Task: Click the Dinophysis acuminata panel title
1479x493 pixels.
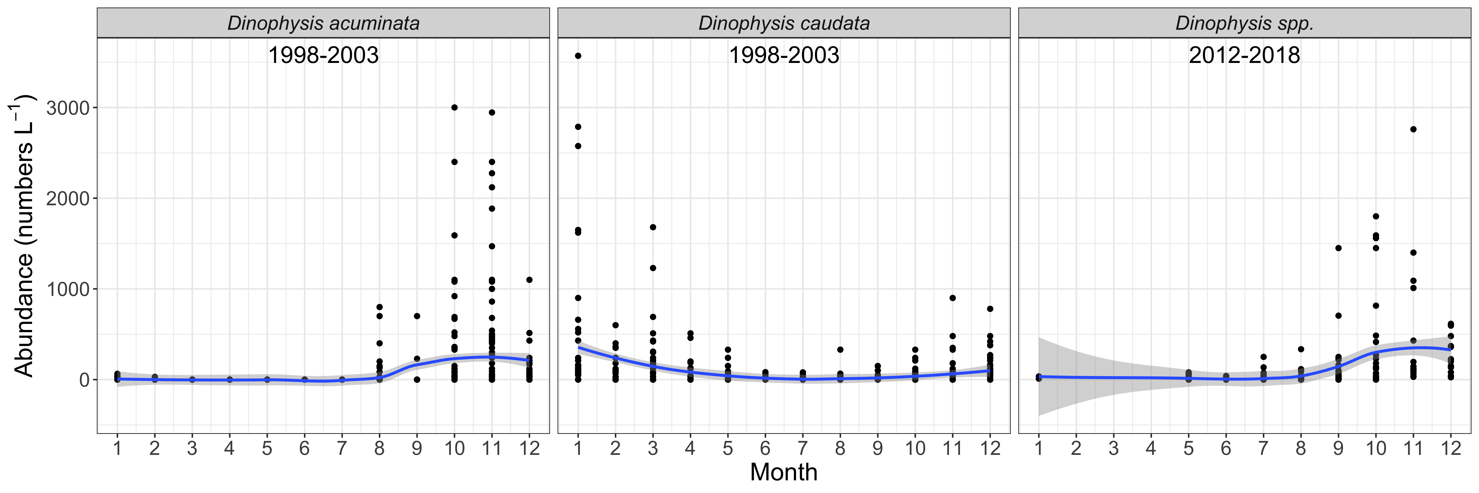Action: pos(323,23)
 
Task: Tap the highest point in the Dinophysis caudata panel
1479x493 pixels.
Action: pos(578,56)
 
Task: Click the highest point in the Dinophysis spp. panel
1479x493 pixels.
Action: pos(1414,129)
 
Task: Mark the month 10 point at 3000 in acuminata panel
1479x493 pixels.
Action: pos(454,107)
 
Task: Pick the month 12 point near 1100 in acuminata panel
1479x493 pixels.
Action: pos(529,280)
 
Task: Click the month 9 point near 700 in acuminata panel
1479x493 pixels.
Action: pos(417,316)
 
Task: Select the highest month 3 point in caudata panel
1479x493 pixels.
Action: pos(653,227)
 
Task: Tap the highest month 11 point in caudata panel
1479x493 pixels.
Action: pos(952,298)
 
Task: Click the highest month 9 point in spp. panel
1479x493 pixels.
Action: pos(1338,248)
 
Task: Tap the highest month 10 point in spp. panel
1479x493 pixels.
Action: pos(1376,216)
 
